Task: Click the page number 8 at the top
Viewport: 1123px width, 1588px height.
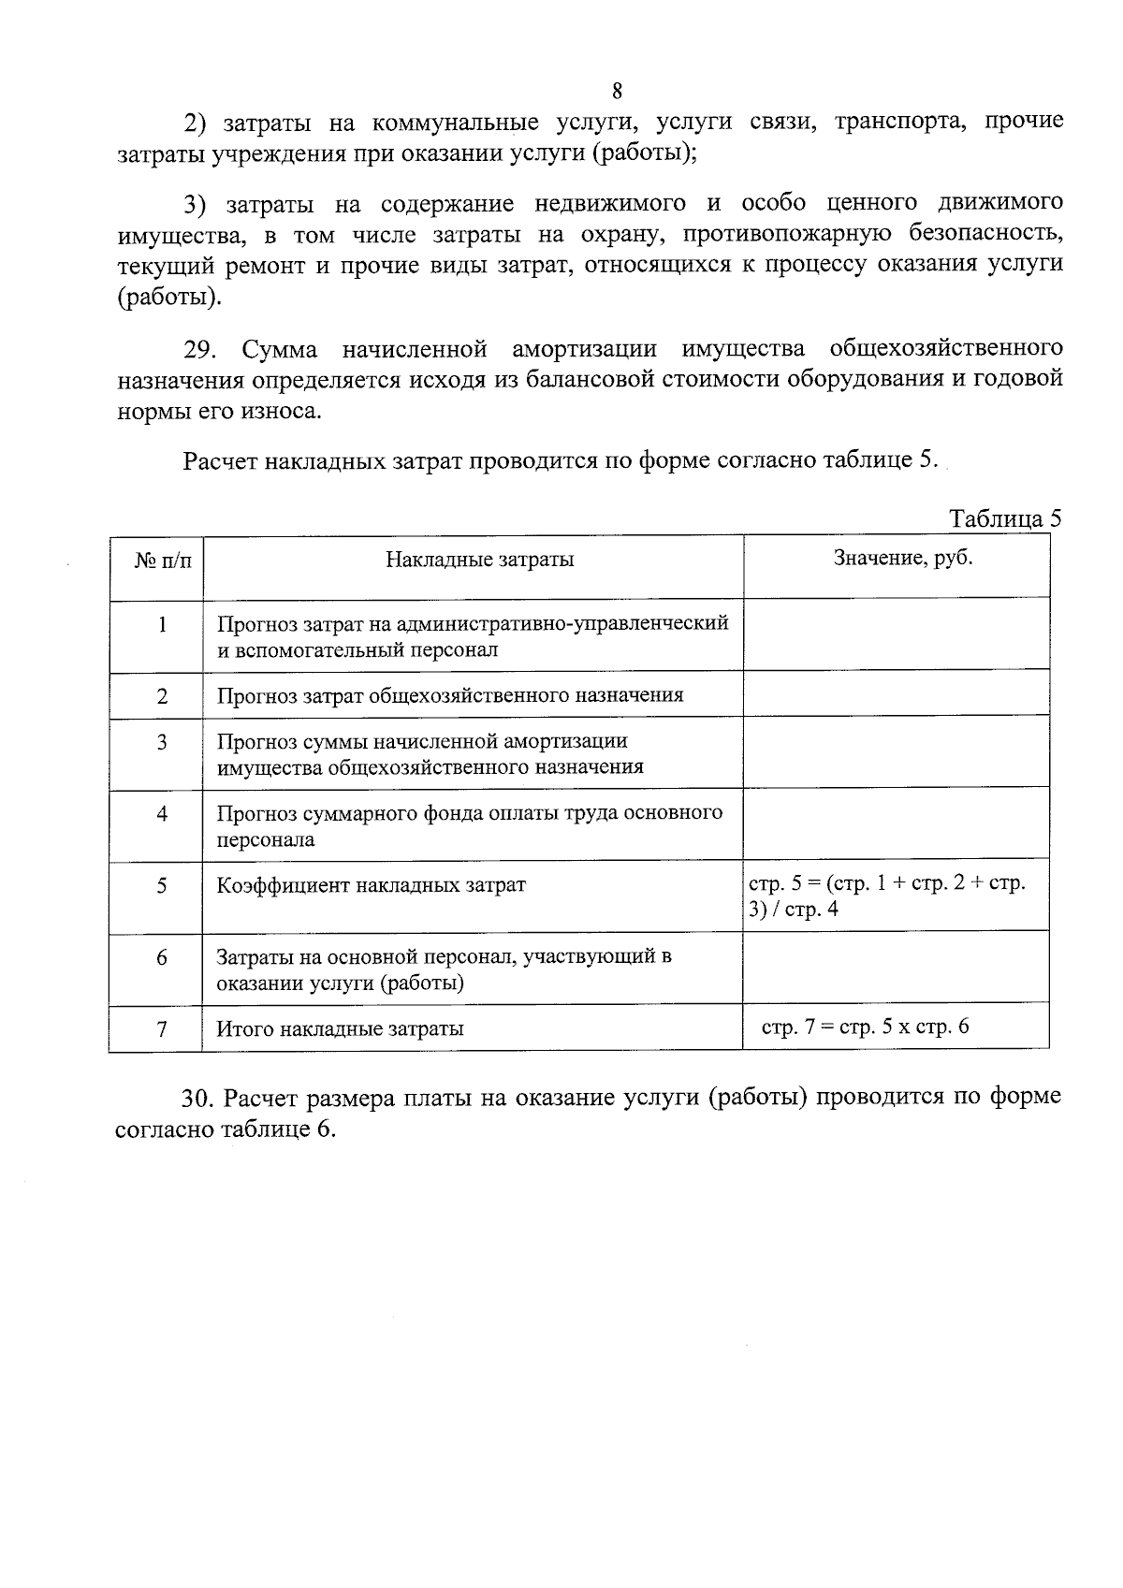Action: [x=617, y=91]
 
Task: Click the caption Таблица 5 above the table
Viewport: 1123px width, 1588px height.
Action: [x=1005, y=519]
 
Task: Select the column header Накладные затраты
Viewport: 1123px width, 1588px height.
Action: [x=479, y=560]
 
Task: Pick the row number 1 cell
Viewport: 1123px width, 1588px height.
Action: [x=162, y=624]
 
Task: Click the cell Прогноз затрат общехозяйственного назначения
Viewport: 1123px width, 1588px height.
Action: [x=450, y=695]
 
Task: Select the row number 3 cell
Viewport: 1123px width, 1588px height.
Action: [x=162, y=743]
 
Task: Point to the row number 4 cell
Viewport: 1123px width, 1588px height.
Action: [x=162, y=814]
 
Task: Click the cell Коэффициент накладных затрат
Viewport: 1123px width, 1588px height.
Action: [x=372, y=885]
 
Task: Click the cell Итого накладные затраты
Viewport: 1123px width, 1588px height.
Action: [x=341, y=1029]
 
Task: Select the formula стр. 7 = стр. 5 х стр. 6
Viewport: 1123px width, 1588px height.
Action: [x=865, y=1027]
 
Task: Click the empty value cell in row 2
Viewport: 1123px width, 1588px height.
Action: [x=896, y=694]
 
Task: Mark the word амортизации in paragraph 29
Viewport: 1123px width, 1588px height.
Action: [x=584, y=350]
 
